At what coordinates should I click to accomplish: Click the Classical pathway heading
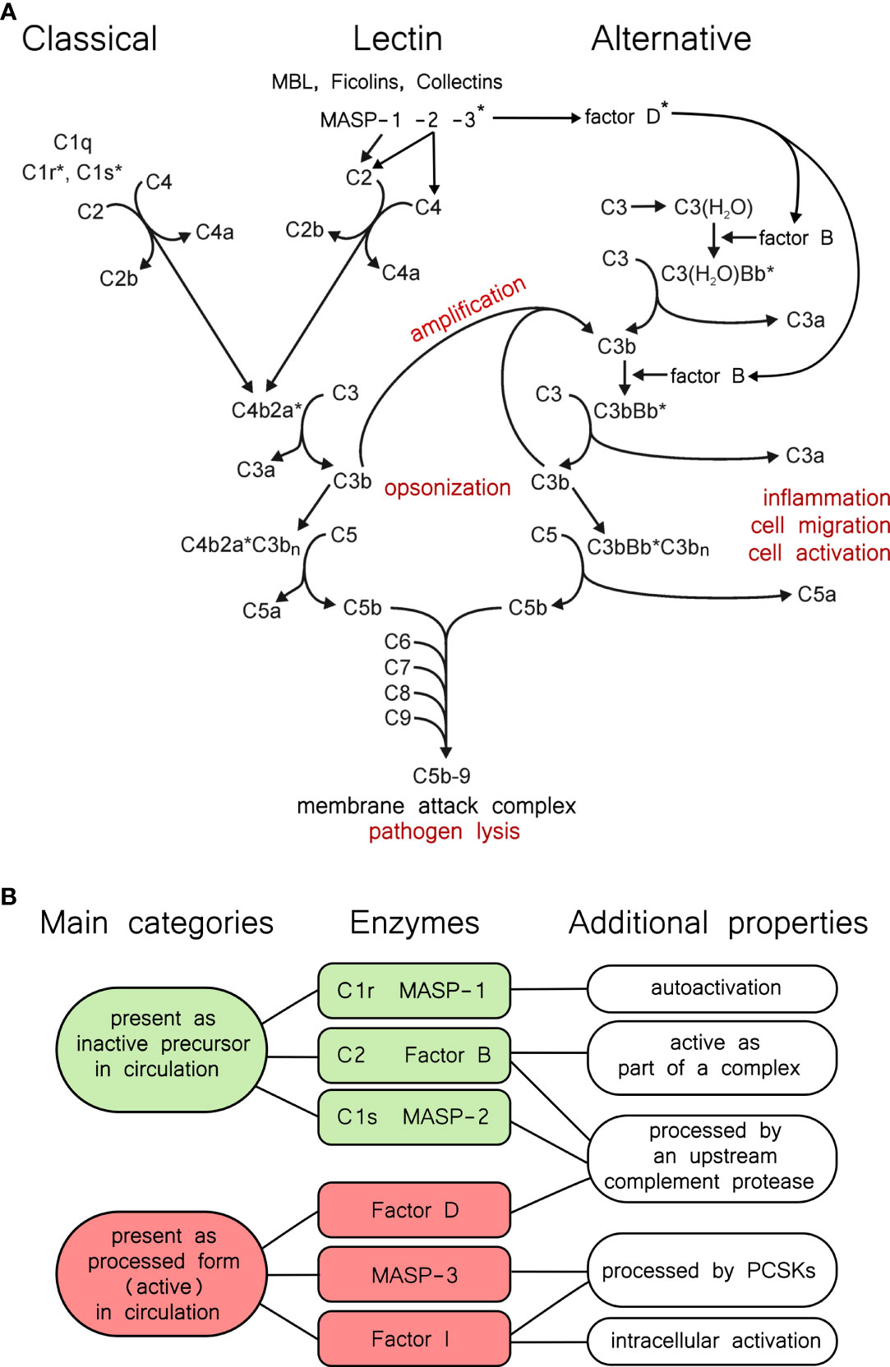pos(90,39)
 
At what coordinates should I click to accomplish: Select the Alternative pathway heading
pos(671,39)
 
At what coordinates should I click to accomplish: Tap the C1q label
pos(72,142)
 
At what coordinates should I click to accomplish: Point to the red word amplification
pos(468,308)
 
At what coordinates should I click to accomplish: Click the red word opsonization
pos(447,488)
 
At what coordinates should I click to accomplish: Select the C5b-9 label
pos(441,776)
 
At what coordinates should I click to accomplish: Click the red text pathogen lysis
pos(444,831)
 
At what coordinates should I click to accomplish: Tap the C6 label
pos(397,641)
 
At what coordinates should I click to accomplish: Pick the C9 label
pos(397,718)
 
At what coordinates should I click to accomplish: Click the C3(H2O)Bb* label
pos(717,274)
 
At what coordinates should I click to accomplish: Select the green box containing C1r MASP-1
pos(413,991)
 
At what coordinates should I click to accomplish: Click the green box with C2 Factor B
pos(413,1055)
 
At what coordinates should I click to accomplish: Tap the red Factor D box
pos(414,1210)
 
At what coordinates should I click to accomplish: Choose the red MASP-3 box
pos(414,1275)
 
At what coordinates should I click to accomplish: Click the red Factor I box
pos(414,1339)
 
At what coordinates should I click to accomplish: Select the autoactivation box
pos(712,988)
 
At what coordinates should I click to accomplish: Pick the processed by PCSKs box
pos(712,1270)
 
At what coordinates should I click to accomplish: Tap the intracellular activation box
pos(712,1341)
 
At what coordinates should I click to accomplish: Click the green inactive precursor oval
pos(162,1049)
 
